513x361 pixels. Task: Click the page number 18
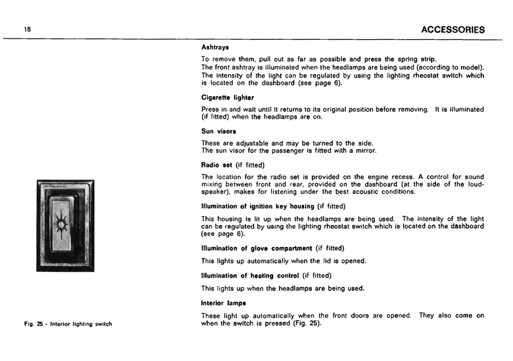[28, 29]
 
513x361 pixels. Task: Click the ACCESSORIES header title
[448, 29]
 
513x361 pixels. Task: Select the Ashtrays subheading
[215, 47]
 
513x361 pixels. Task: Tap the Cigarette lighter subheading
[228, 97]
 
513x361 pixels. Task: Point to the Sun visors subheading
[219, 131]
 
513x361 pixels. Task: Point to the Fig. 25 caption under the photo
[67, 323]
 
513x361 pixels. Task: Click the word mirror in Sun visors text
[364, 151]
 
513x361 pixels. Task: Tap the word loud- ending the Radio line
[473, 184]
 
